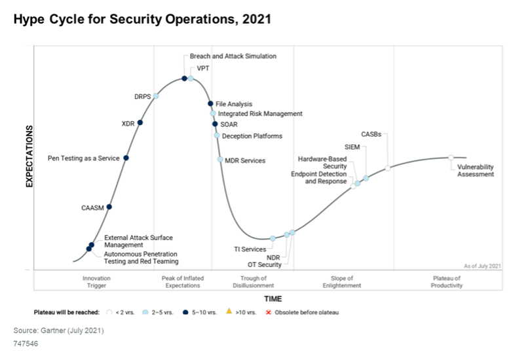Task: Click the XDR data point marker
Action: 140,122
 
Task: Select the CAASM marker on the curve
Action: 109,207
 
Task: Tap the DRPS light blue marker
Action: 156,96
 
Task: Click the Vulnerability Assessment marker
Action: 451,157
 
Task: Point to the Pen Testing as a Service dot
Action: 126,158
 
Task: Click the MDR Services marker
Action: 220,160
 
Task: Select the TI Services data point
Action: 273,238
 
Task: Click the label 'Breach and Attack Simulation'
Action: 233,56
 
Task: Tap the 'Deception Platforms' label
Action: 252,136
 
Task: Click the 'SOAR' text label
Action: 229,124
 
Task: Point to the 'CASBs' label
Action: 371,135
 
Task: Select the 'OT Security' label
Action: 264,265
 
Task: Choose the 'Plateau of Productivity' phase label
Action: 447,282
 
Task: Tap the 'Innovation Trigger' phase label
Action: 96,282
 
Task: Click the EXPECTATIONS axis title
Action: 29,157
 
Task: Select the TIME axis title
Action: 273,298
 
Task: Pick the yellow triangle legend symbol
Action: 229,312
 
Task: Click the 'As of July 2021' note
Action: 482,266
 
